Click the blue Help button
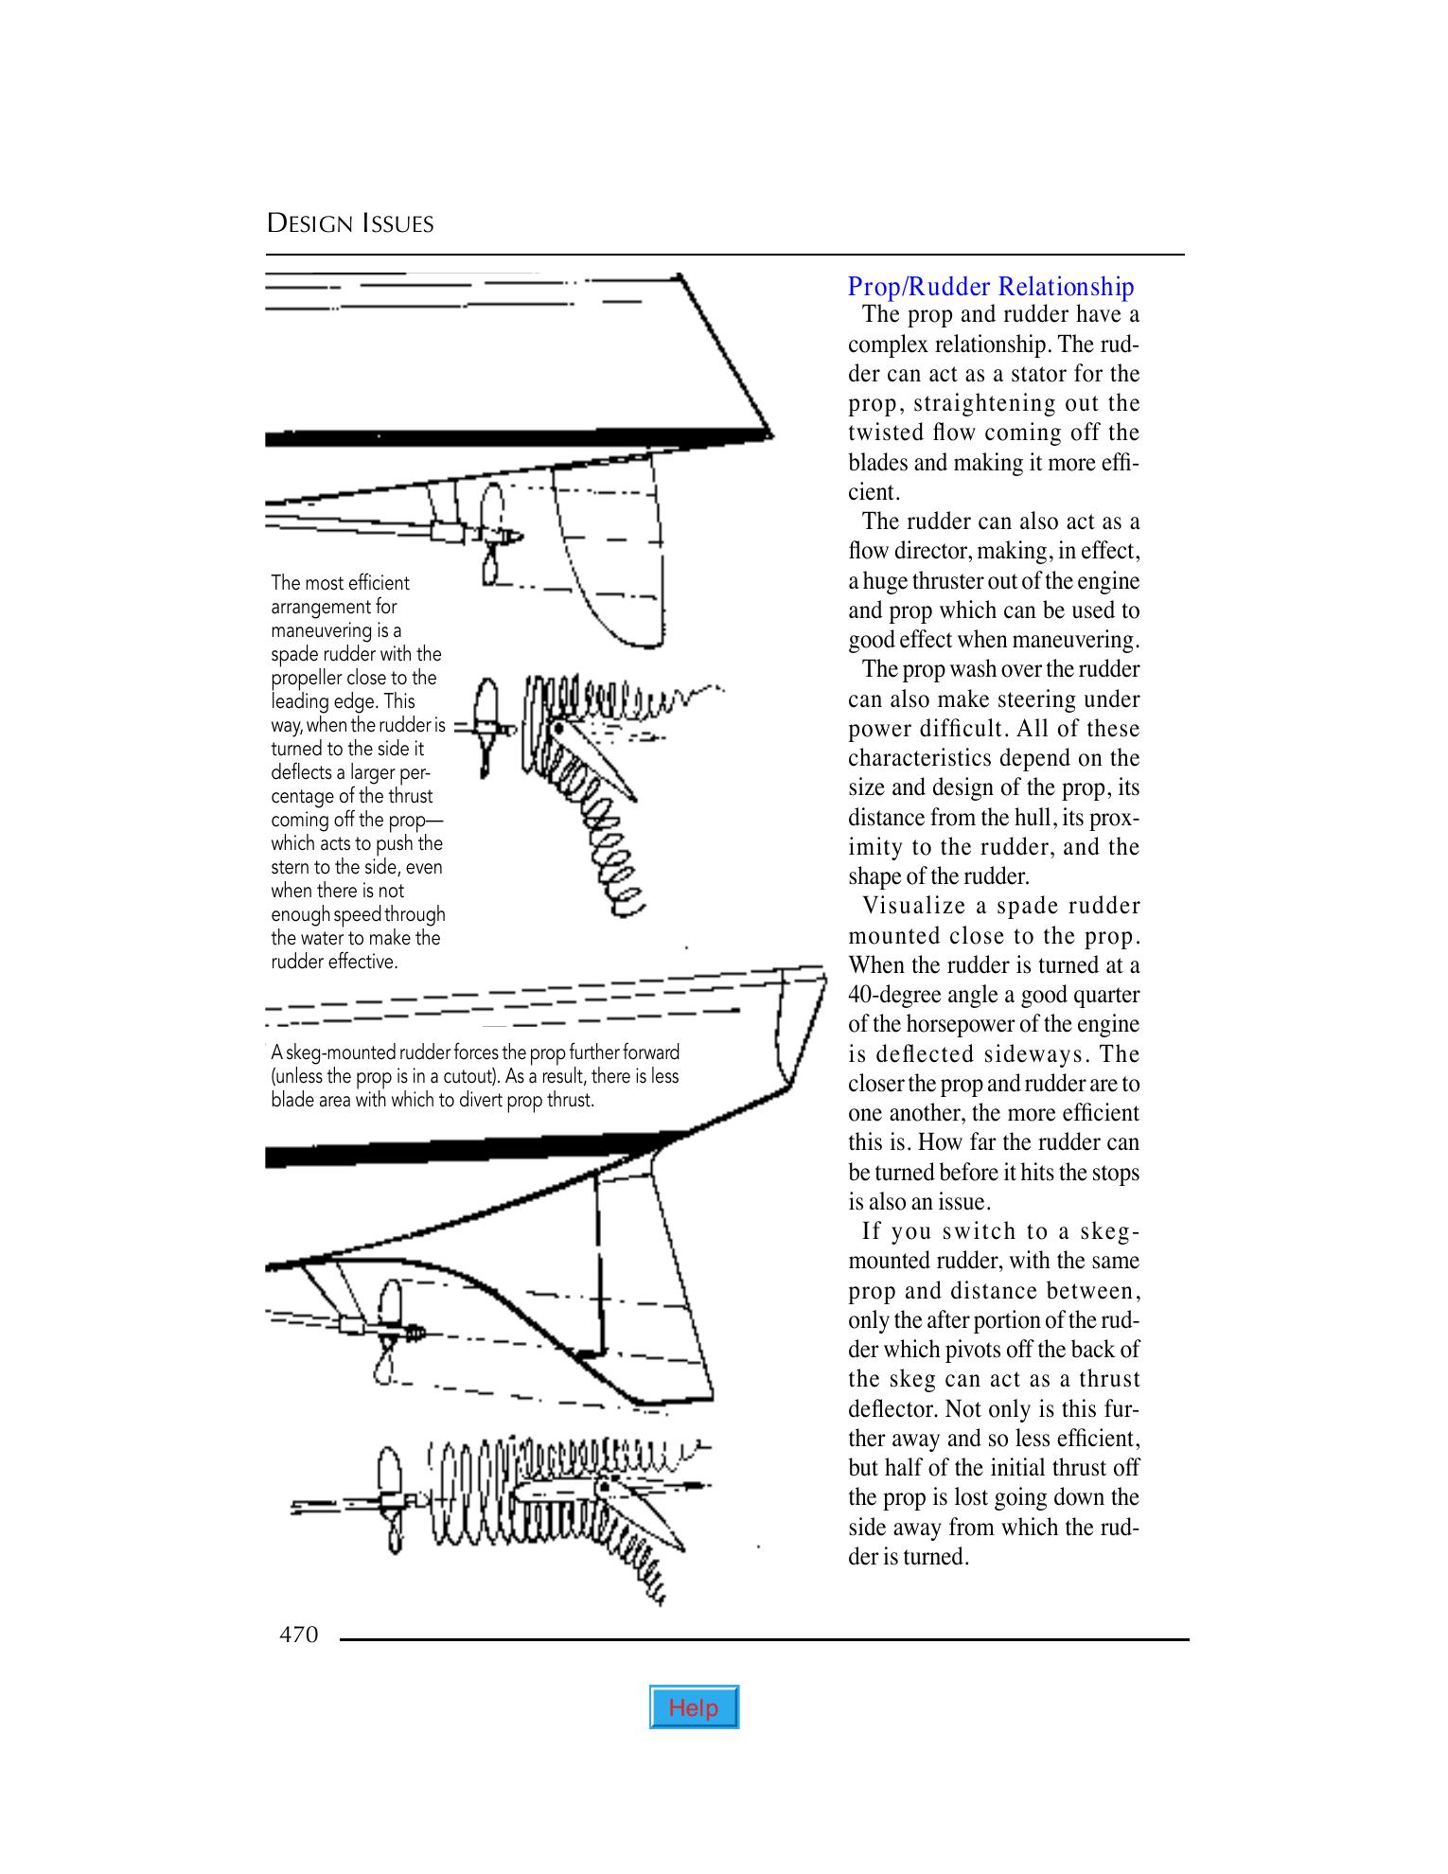coord(694,1707)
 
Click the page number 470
coord(298,1635)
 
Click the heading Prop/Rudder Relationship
coord(990,286)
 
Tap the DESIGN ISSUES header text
coord(350,224)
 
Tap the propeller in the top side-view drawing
coord(491,535)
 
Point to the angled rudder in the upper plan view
coord(592,758)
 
